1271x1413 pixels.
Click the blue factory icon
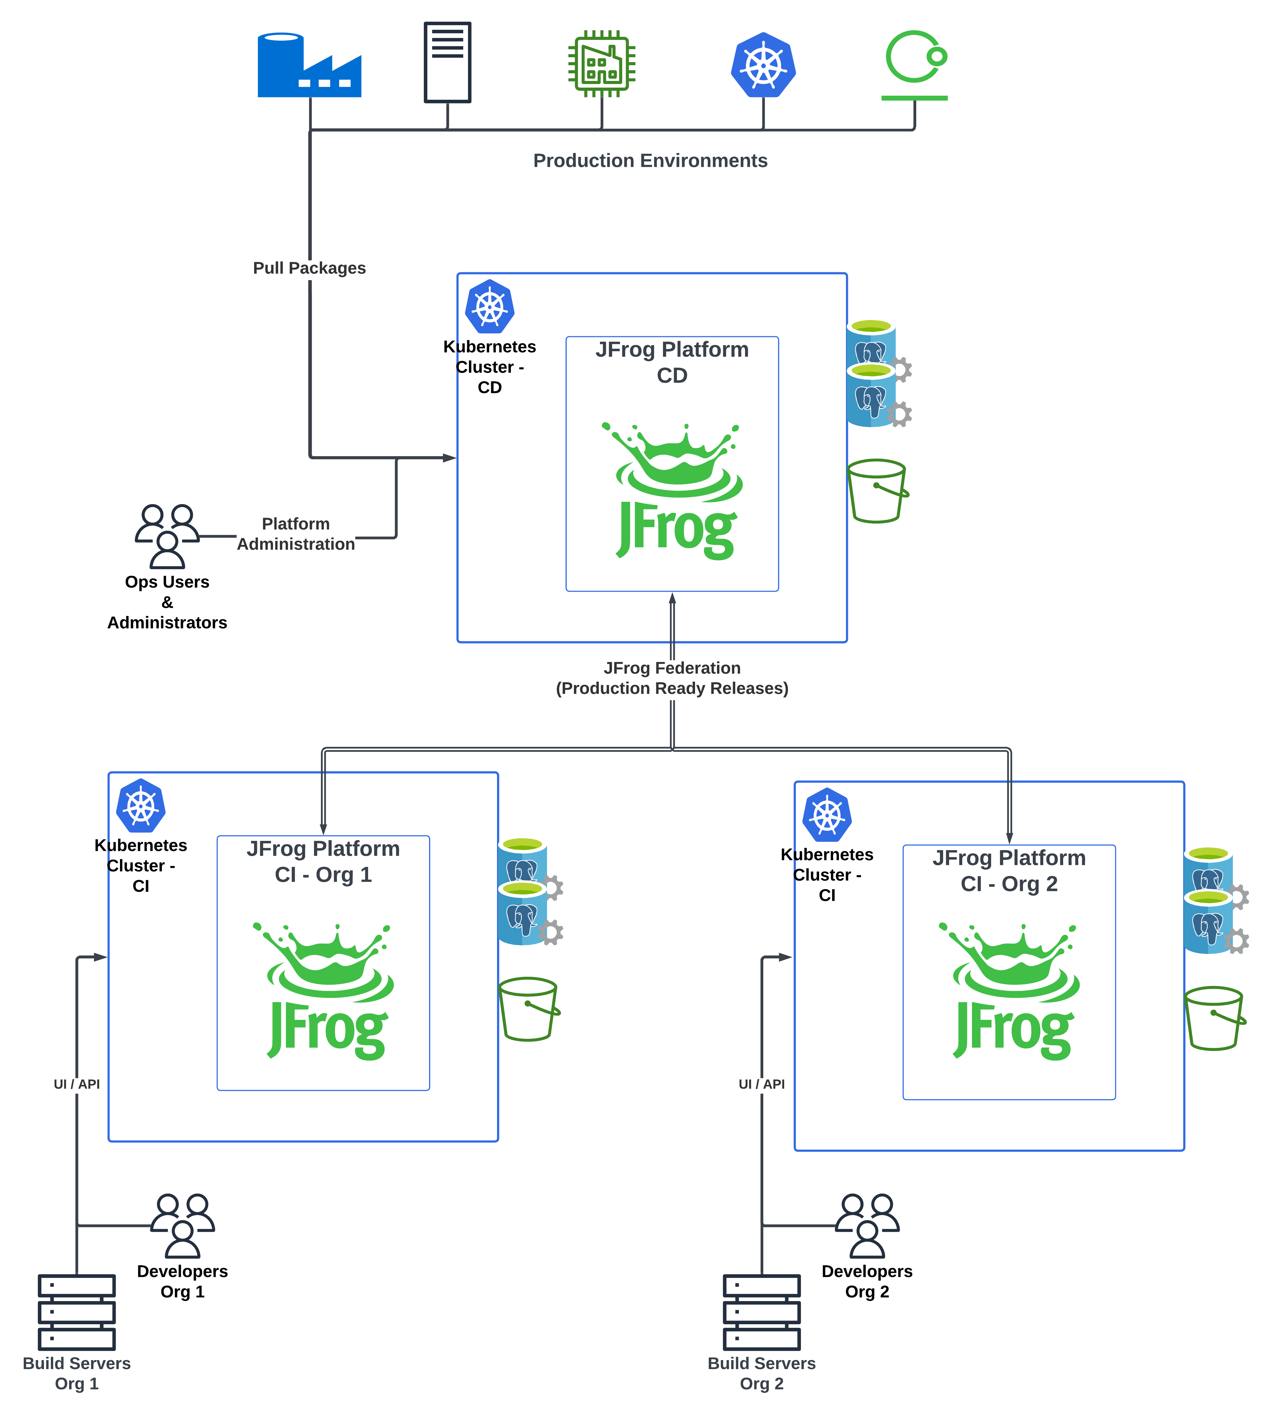point(309,65)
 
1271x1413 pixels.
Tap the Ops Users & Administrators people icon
point(167,535)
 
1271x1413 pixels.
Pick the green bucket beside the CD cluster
point(877,491)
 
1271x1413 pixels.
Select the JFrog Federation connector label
point(672,678)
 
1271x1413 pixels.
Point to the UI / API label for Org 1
point(77,1084)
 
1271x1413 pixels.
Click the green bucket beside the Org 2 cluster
point(1214,1018)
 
